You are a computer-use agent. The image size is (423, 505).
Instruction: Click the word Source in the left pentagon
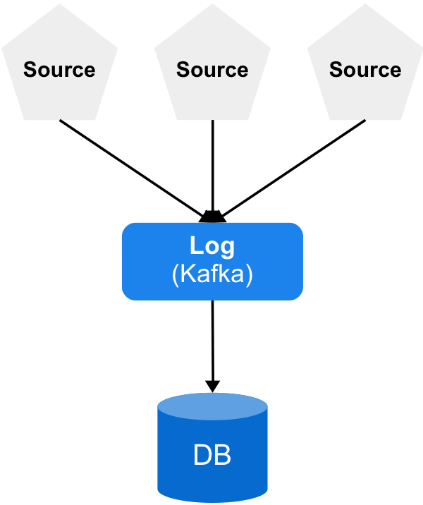pos(59,70)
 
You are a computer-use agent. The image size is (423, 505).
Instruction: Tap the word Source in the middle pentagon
pos(212,70)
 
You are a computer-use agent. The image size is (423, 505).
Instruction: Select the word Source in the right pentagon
pos(365,70)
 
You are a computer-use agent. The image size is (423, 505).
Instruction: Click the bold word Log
pos(212,246)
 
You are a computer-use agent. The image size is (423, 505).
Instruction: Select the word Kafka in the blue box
pos(212,274)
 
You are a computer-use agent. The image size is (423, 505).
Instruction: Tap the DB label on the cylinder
pos(212,456)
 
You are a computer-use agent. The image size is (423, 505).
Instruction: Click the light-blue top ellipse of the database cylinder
pos(212,407)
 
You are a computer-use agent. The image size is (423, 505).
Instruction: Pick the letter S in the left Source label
pos(30,70)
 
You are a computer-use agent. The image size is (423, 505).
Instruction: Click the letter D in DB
pos(202,456)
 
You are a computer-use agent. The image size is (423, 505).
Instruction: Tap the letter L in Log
pos(197,246)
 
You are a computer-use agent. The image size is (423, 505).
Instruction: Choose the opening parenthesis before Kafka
pos(176,274)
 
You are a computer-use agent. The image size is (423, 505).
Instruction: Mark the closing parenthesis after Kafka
pos(249,274)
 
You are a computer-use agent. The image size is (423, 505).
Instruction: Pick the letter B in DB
pos(223,456)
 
